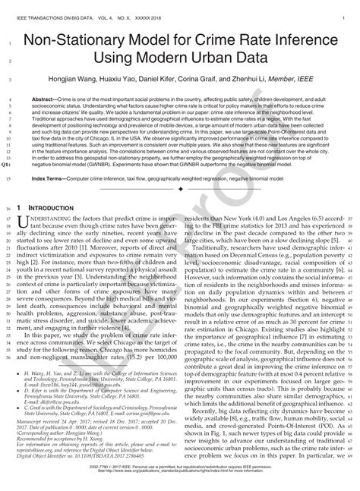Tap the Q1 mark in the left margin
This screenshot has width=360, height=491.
pos(7,184)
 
